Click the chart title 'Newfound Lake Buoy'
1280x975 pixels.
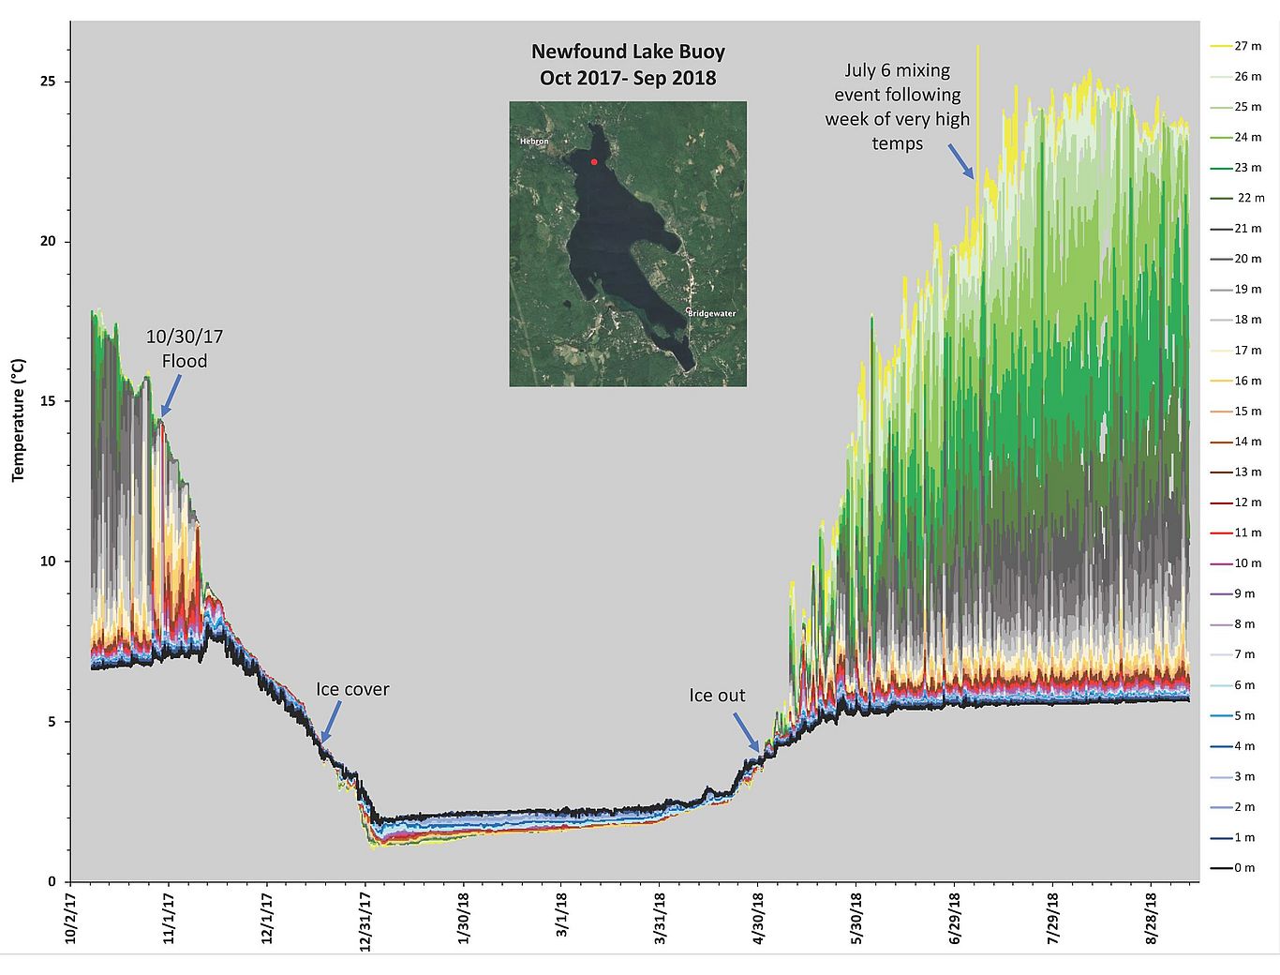pos(628,52)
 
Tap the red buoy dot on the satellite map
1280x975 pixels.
pos(594,162)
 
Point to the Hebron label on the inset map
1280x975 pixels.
pos(534,142)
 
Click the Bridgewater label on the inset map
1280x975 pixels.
pos(712,313)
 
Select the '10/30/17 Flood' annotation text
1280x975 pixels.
pos(185,349)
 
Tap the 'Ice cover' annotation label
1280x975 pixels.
pos(352,689)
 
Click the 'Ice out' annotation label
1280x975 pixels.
pos(717,695)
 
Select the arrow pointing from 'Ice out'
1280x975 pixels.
pos(746,731)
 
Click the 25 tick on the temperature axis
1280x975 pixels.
pos(48,82)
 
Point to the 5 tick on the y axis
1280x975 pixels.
pos(52,722)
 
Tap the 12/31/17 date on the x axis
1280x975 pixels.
pos(366,921)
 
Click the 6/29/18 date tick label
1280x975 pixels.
pos(955,921)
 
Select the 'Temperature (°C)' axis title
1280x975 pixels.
pos(18,420)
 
